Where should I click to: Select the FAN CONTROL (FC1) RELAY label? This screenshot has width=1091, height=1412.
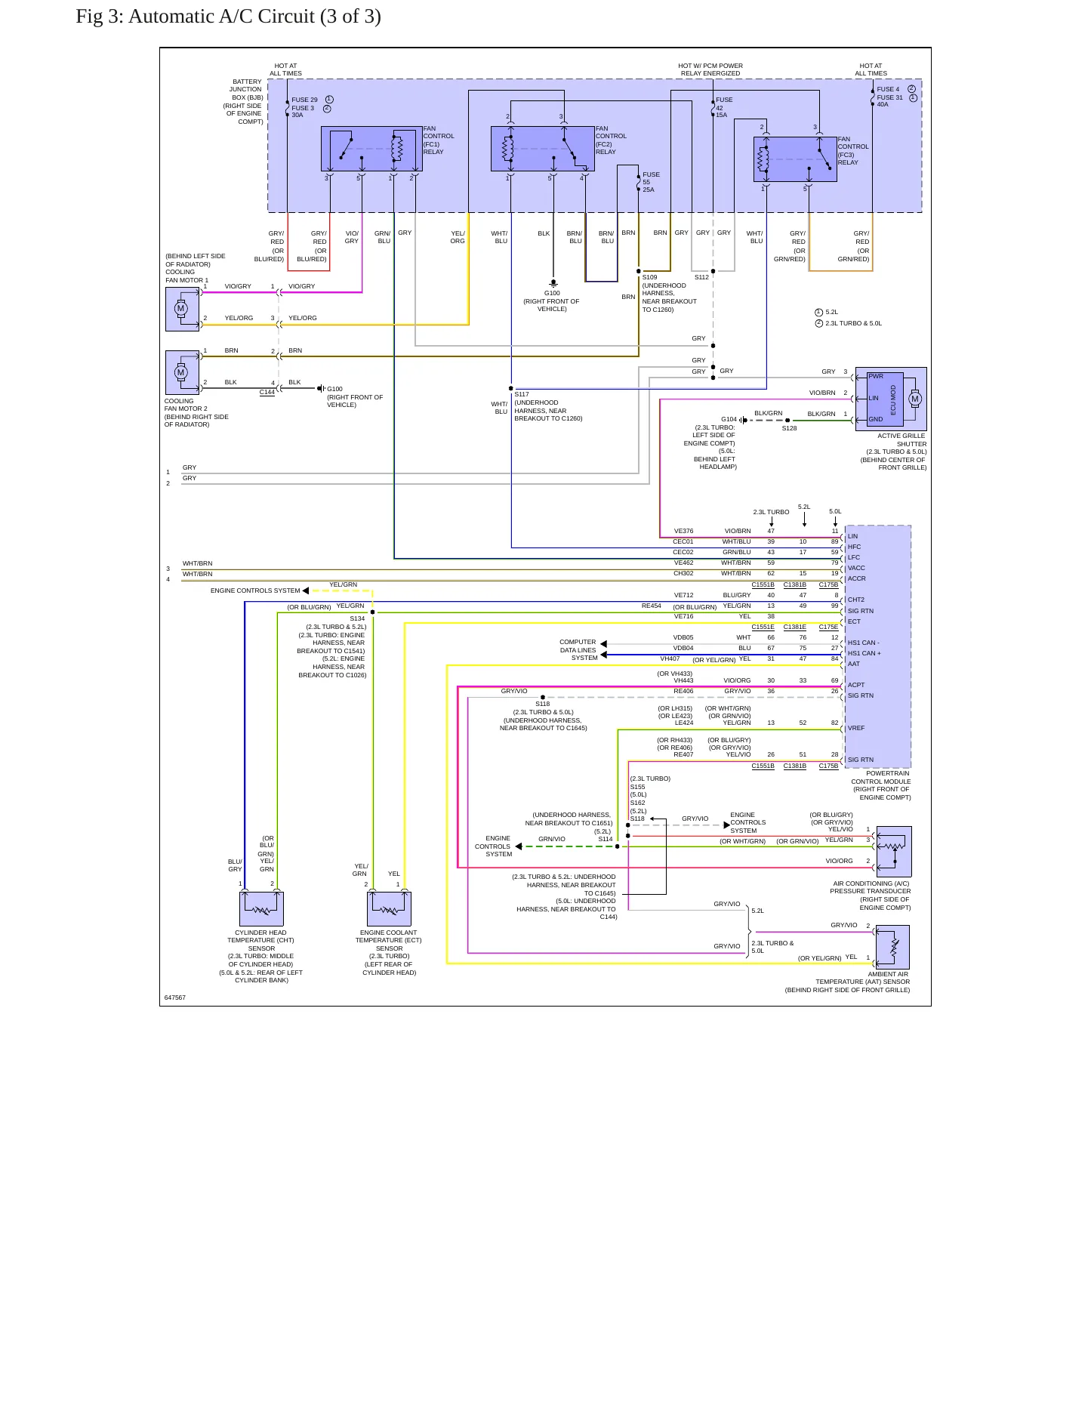point(439,140)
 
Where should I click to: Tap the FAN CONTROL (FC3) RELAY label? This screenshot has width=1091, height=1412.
point(853,151)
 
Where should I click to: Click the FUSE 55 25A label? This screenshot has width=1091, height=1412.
point(651,182)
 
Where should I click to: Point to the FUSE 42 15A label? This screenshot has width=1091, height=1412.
point(723,107)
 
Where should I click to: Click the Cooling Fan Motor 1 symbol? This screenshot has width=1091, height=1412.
point(182,309)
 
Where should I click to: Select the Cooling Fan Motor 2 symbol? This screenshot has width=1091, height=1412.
point(182,372)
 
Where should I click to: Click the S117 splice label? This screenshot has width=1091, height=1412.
point(522,394)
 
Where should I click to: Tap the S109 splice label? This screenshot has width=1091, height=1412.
point(649,277)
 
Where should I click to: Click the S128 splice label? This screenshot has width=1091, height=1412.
point(789,428)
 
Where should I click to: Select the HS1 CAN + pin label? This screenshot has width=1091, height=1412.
point(864,653)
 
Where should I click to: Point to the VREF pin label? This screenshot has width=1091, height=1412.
point(856,728)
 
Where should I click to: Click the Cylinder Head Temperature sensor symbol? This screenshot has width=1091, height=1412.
point(261,908)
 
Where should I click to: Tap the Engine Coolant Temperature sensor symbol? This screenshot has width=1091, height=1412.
point(389,908)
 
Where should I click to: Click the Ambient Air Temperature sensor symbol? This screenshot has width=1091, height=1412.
point(892,947)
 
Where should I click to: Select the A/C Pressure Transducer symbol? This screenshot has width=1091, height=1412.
point(892,851)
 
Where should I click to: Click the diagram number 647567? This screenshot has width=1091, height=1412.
point(174,997)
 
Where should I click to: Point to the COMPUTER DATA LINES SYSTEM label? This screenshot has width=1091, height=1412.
point(578,650)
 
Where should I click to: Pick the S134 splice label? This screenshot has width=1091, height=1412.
point(357,618)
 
